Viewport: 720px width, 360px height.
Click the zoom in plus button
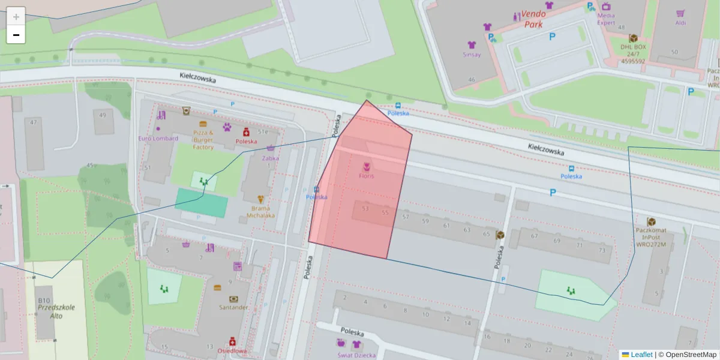(16, 16)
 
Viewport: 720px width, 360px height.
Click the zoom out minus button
(16, 35)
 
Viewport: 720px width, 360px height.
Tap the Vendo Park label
(533, 19)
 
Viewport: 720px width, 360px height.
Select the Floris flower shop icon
(367, 166)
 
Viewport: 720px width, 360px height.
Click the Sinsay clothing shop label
(472, 55)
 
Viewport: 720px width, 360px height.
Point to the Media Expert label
(606, 19)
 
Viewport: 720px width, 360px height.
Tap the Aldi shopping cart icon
(680, 13)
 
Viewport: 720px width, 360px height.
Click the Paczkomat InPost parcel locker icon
(651, 222)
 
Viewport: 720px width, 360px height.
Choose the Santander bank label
(233, 307)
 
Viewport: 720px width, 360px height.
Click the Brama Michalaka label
(260, 211)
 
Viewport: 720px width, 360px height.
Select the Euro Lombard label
(158, 139)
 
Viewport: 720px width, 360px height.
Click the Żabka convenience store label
(270, 158)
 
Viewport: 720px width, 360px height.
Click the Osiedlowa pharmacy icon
(232, 341)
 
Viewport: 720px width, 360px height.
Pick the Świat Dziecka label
(356, 355)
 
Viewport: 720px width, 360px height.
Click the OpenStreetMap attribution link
(691, 355)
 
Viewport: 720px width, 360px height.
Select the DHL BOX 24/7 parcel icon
(633, 38)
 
